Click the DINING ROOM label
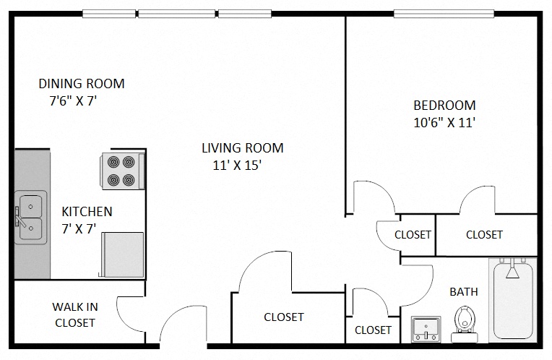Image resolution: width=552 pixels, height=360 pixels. [x=81, y=84]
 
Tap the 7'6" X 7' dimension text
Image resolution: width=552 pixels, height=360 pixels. [x=73, y=102]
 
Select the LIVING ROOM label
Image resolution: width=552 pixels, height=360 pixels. [x=242, y=148]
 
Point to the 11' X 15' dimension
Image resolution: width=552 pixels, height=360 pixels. [x=236, y=166]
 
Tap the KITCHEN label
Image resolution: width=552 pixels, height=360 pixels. [x=87, y=212]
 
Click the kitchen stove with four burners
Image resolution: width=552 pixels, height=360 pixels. [x=121, y=171]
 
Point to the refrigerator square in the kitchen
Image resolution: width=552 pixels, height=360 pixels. [x=124, y=254]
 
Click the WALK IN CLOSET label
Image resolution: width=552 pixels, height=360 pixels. [x=75, y=314]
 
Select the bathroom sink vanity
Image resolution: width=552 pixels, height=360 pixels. [x=426, y=329]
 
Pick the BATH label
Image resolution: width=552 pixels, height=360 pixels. [x=464, y=292]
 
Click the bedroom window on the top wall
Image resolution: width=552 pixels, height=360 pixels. [x=444, y=13]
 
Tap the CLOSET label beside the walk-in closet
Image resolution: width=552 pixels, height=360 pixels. [x=284, y=317]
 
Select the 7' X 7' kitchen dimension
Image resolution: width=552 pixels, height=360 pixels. [x=79, y=229]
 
